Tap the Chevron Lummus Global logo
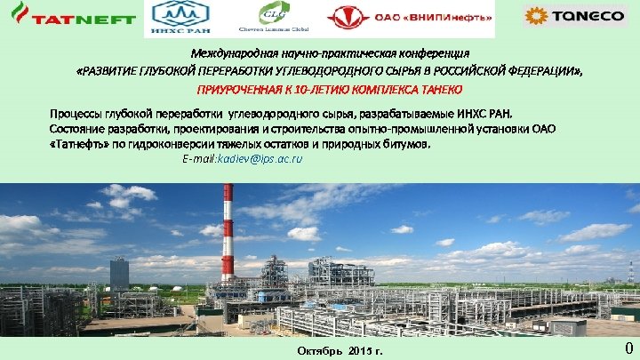(x=270, y=17)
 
